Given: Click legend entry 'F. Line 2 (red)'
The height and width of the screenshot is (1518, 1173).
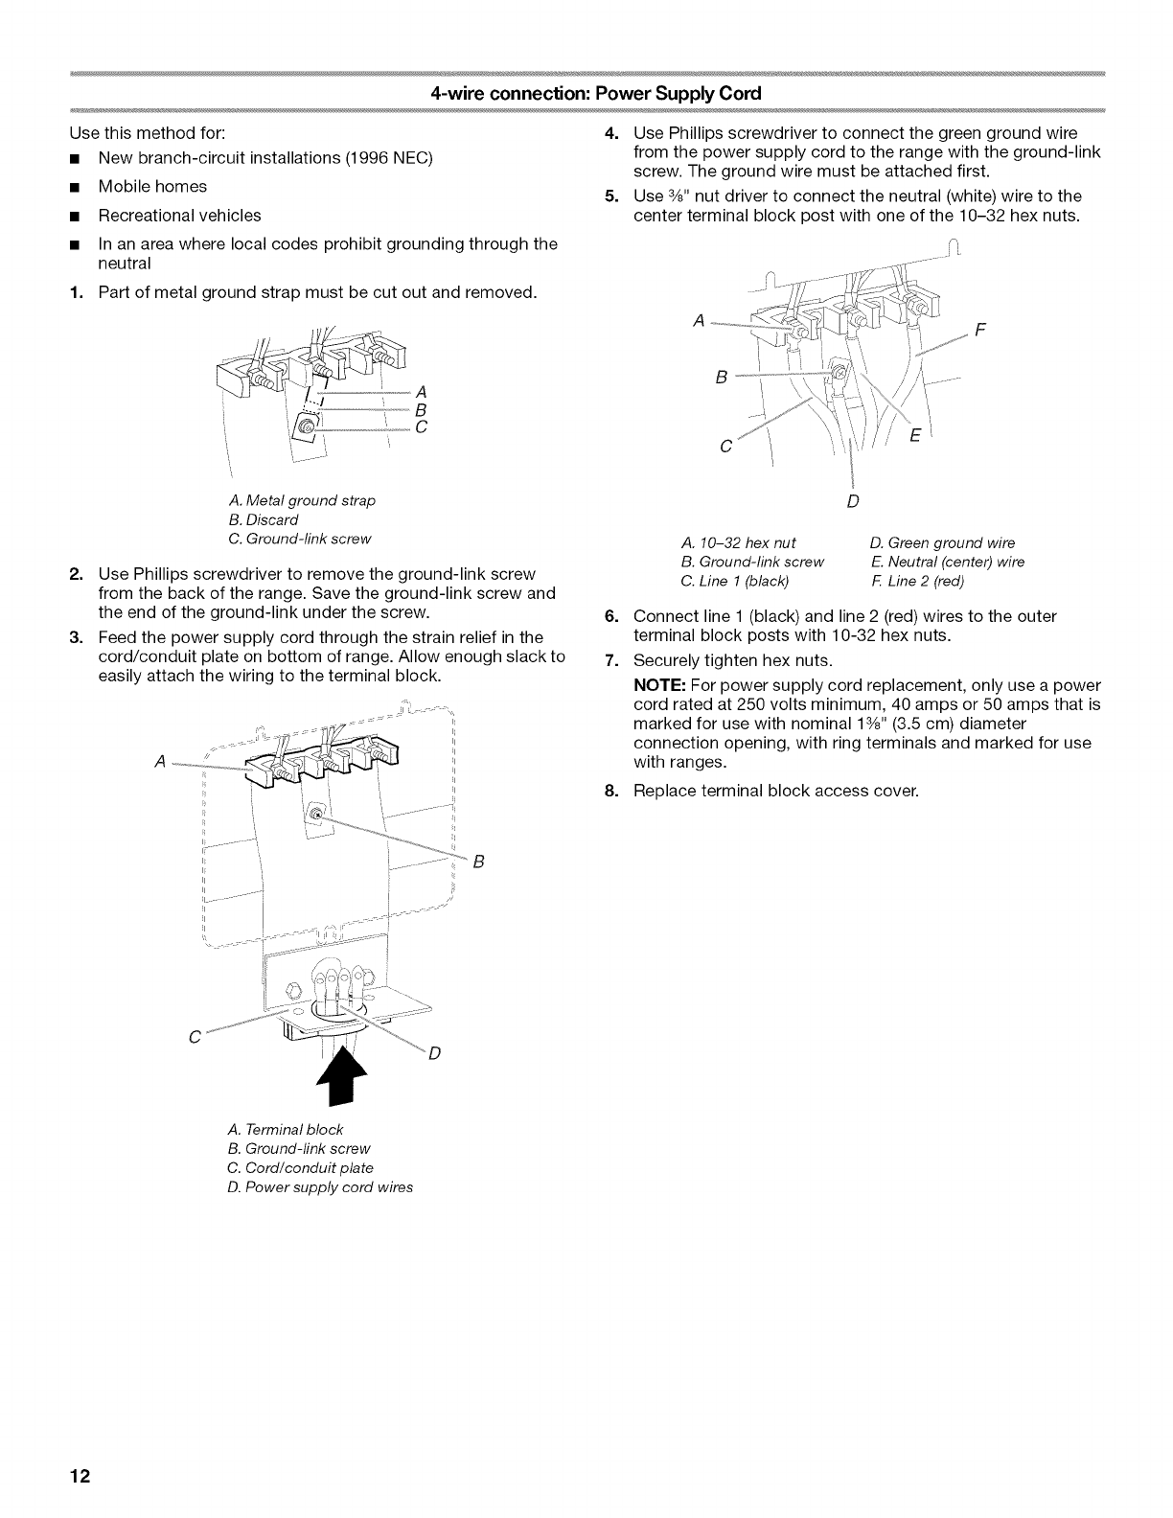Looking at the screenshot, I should tap(918, 581).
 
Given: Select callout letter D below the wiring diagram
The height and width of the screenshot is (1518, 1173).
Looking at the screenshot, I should tap(852, 501).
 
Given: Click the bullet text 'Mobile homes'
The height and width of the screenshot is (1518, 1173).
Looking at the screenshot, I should tap(152, 186).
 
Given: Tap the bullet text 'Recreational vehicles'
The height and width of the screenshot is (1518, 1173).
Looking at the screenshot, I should tap(179, 215).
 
